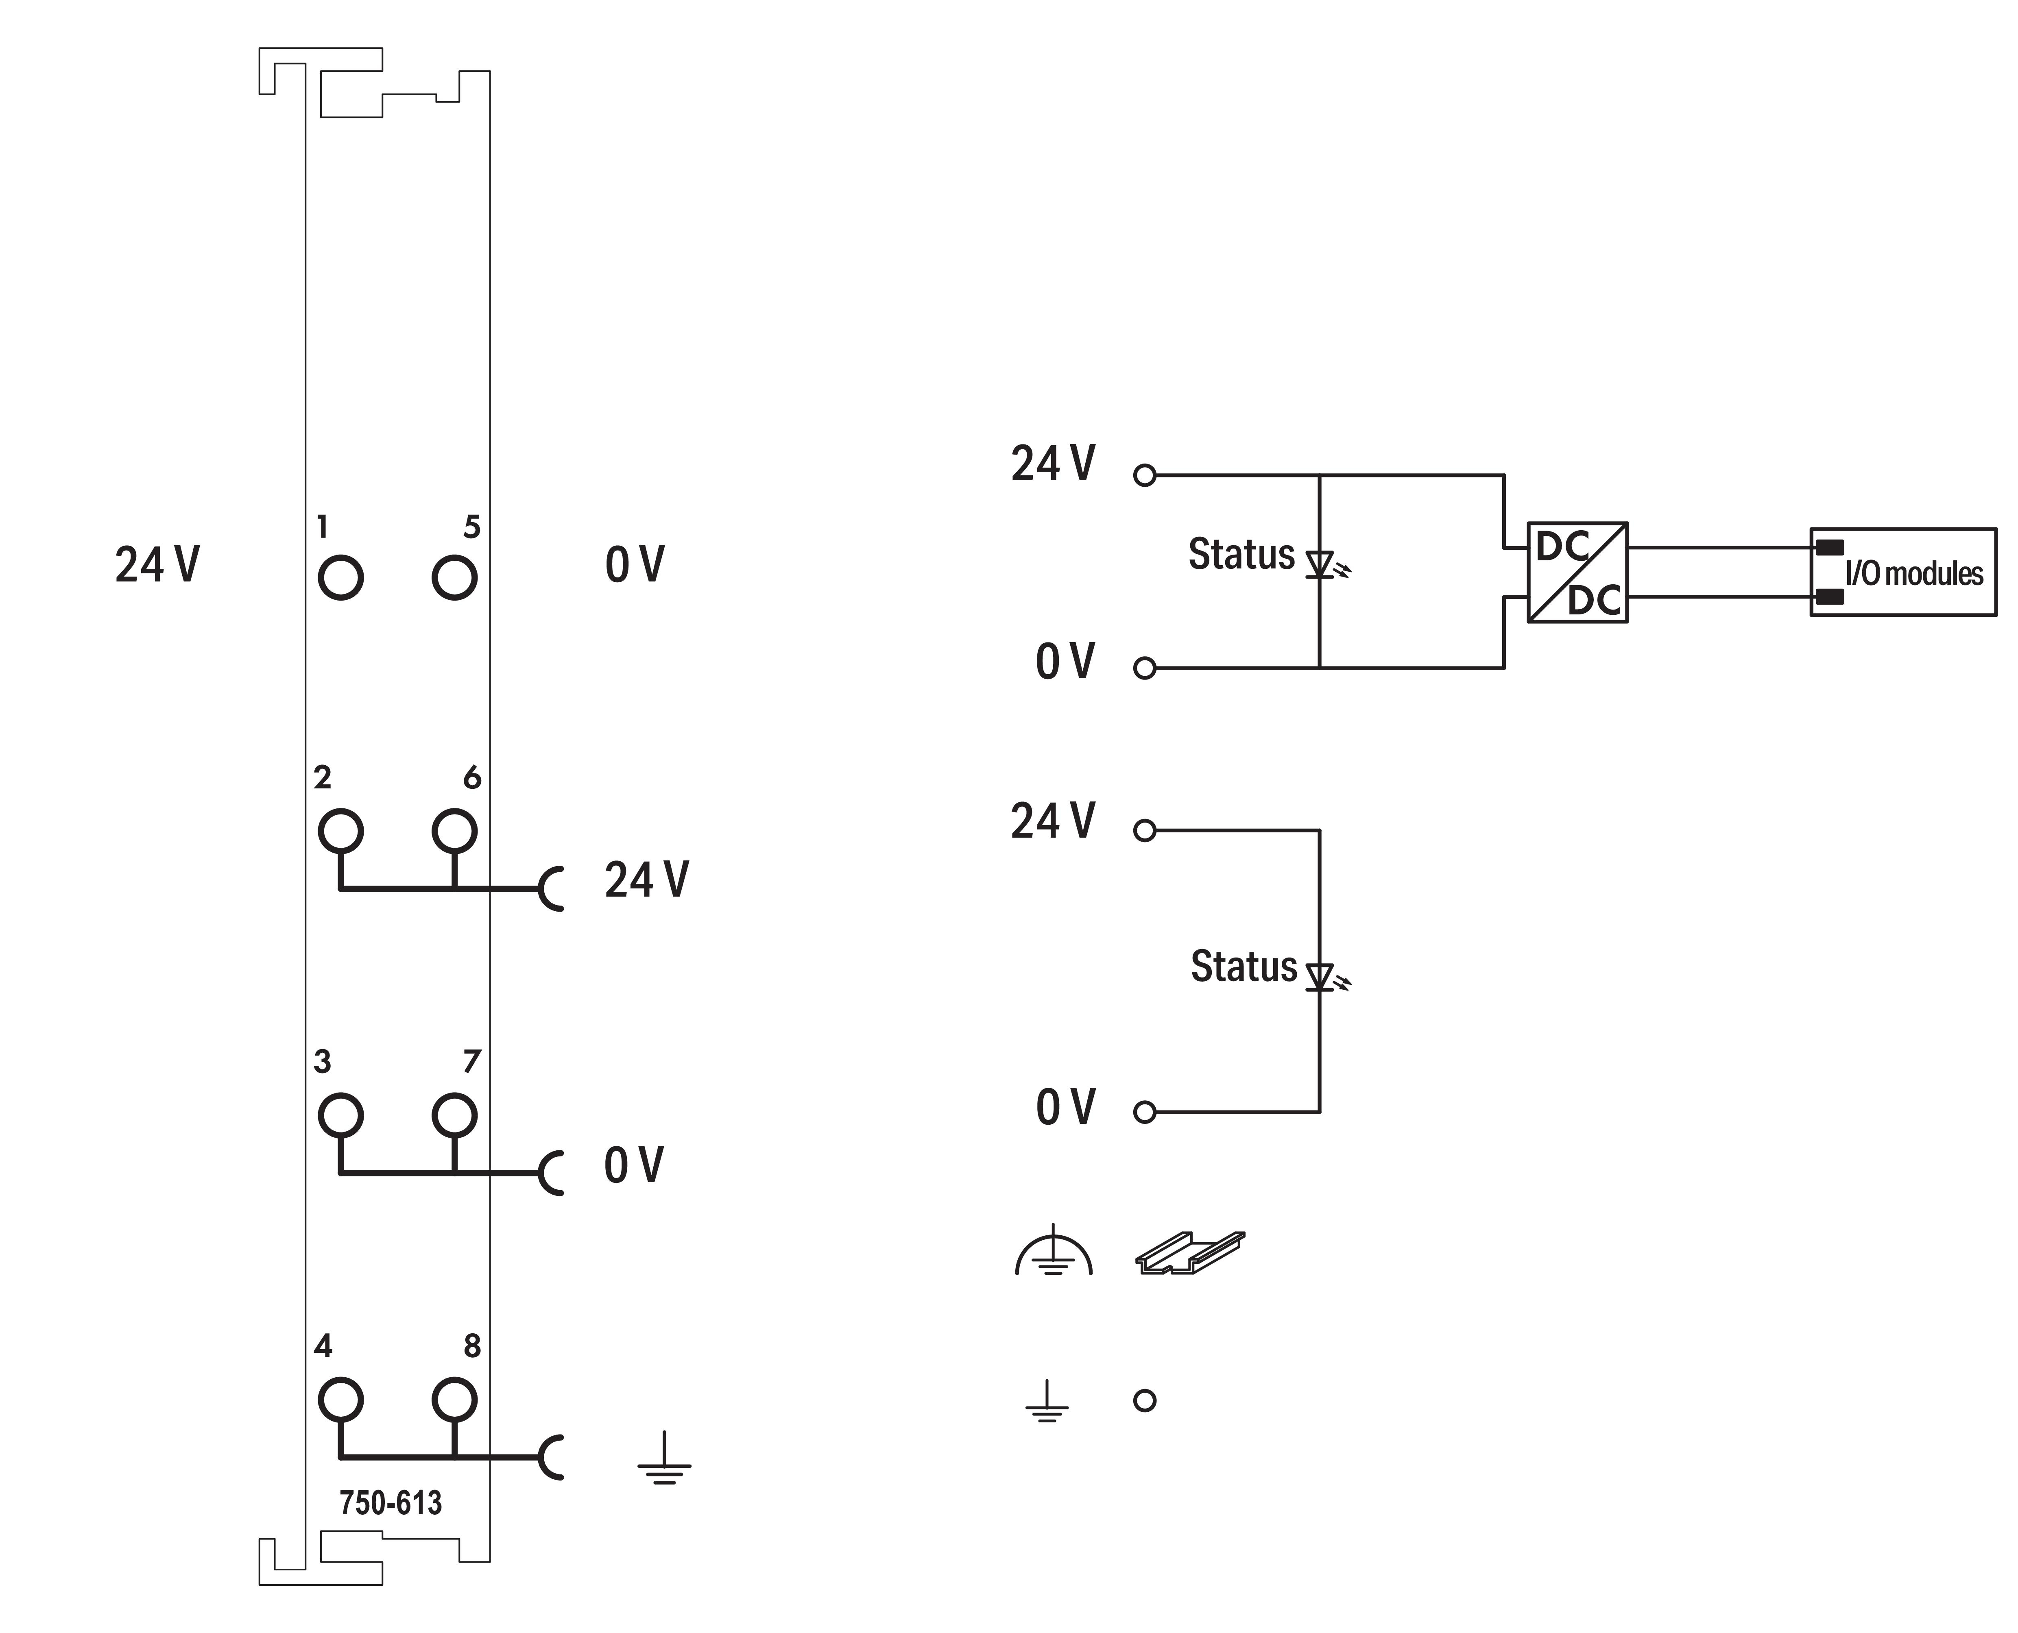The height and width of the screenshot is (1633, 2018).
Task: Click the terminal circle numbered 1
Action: coord(340,577)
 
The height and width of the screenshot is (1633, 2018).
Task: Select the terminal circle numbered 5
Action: coord(454,577)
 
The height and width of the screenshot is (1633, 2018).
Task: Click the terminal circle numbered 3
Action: coord(340,1116)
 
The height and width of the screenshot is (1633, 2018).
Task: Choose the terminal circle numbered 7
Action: coord(454,1116)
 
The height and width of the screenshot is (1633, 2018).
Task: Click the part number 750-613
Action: coord(391,1503)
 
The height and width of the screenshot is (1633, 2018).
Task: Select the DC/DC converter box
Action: coord(1577,572)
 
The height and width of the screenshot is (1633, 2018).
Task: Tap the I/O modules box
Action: coord(1902,572)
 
